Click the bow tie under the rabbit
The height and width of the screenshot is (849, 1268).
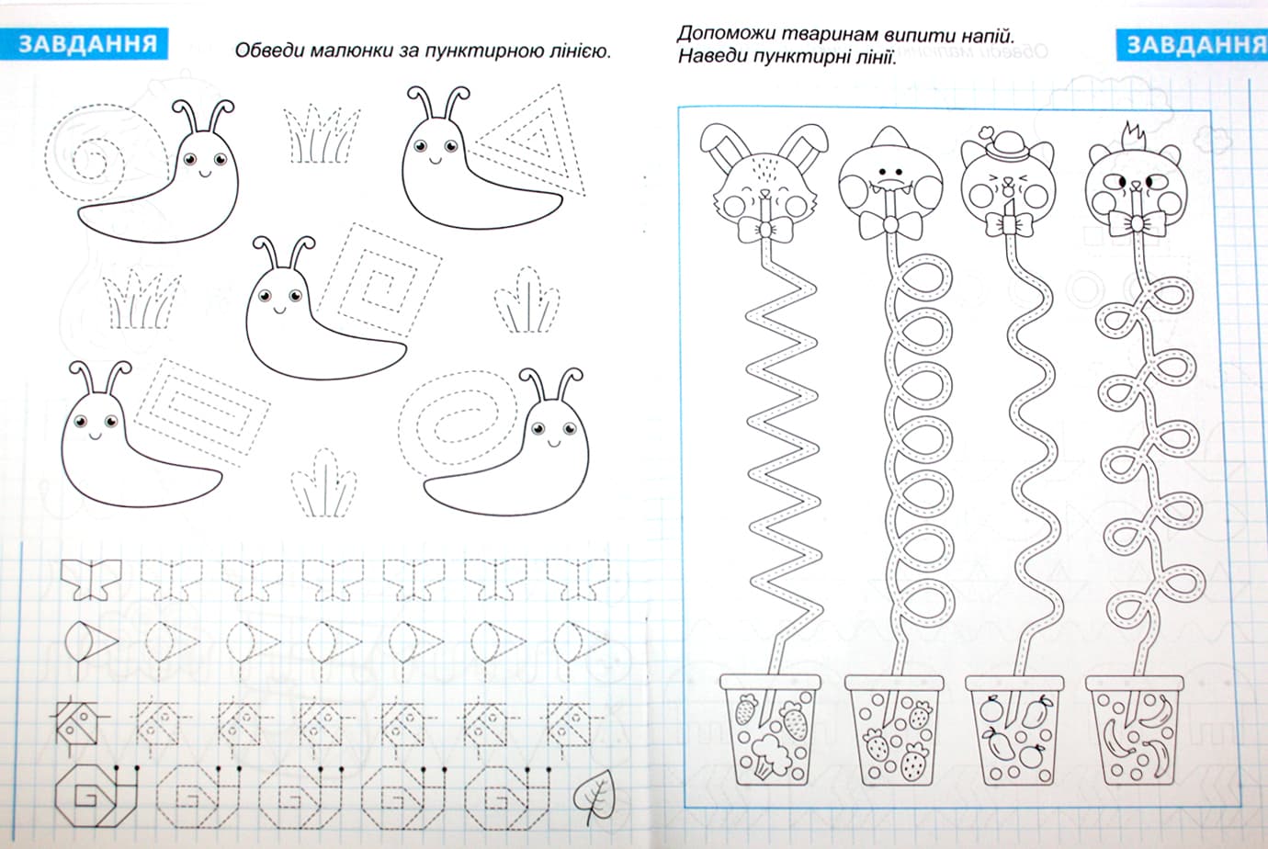(765, 229)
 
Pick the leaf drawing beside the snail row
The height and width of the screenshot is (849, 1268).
(594, 794)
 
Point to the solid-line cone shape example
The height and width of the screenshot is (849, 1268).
(91, 643)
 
